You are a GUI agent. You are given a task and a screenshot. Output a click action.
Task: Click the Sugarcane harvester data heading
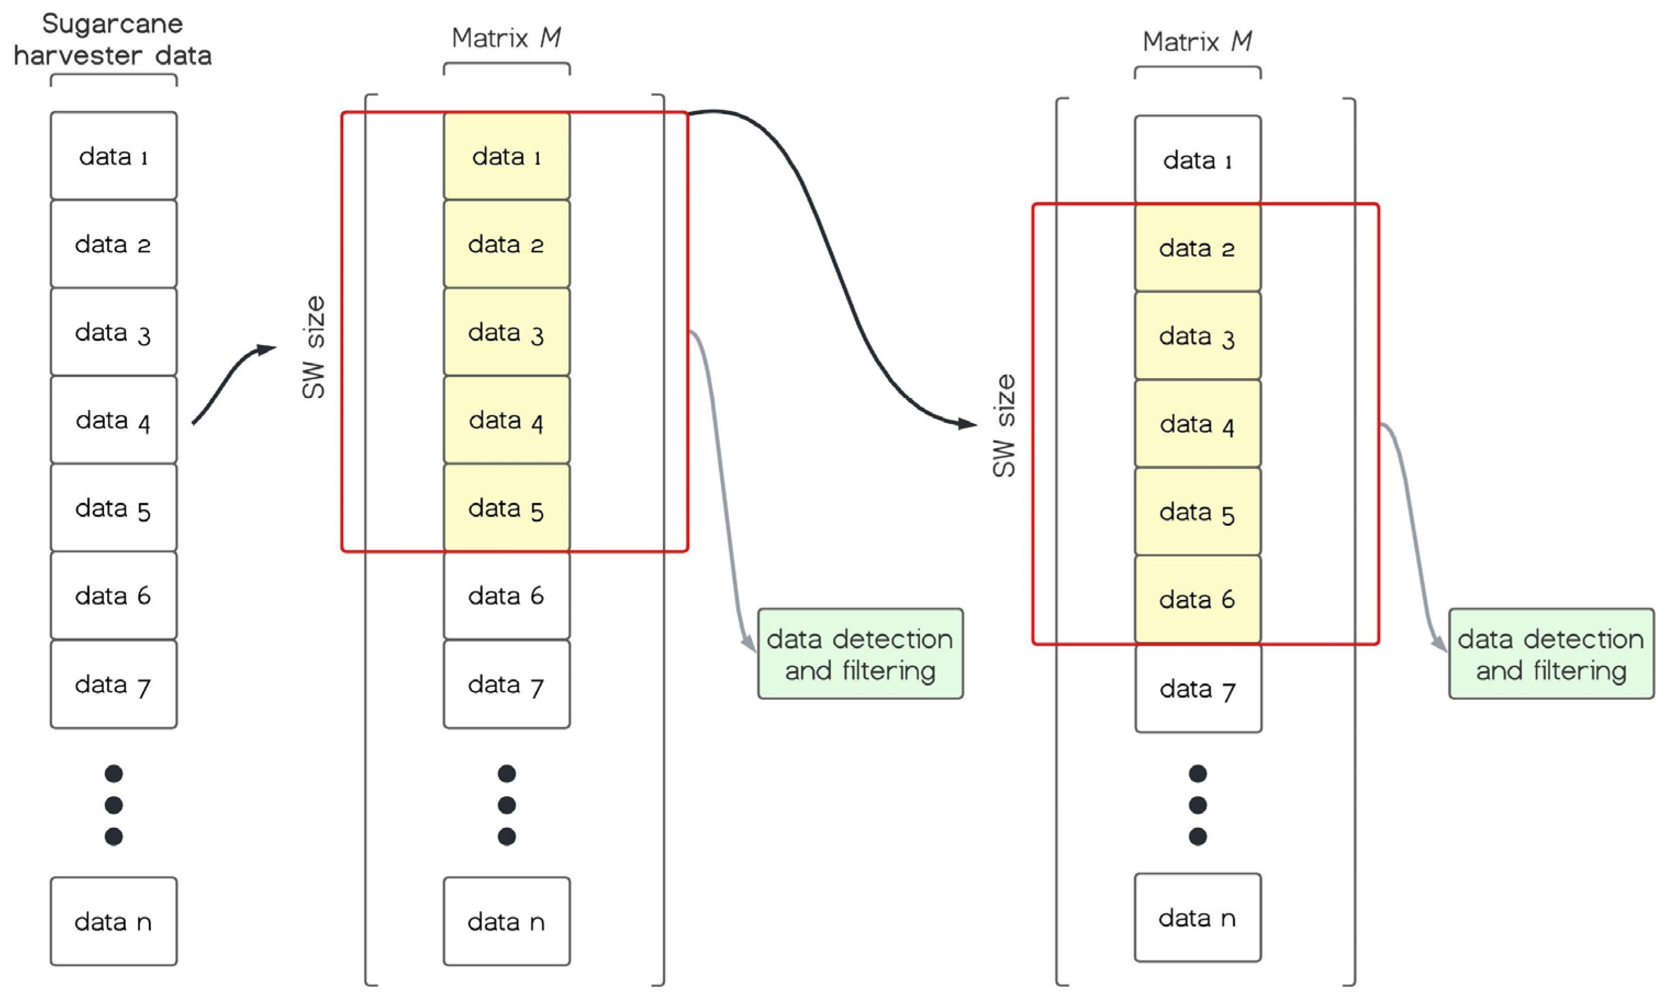pos(113,39)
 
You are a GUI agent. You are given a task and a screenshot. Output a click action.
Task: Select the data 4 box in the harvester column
pos(113,420)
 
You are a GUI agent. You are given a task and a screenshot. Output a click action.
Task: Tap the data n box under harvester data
pos(113,921)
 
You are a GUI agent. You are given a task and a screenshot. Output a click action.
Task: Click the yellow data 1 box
pos(506,156)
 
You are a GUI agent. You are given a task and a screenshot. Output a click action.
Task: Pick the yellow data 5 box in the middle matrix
pos(506,508)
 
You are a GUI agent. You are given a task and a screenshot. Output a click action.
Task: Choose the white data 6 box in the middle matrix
pos(506,596)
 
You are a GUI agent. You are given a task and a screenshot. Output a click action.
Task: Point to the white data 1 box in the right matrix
pos(1197,160)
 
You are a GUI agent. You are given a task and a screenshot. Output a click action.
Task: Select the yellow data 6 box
pos(1197,599)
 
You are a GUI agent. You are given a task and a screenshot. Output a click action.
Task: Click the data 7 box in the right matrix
pos(1197,689)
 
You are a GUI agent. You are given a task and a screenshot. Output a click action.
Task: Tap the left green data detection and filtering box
pos(860,654)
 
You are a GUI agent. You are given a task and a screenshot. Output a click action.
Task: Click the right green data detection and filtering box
pos(1551,654)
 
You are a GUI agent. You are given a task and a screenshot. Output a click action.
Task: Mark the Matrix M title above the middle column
pos(506,38)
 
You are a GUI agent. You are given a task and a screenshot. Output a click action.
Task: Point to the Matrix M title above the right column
pos(1197,42)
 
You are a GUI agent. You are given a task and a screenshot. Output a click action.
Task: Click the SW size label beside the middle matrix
pos(314,347)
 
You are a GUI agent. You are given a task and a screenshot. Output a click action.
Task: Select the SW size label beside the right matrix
pos(1004,426)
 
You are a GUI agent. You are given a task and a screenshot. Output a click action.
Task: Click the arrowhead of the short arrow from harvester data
pos(269,349)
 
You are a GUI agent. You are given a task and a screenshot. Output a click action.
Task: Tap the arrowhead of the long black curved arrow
pos(968,424)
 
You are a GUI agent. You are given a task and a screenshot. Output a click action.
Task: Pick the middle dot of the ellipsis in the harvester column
pos(113,805)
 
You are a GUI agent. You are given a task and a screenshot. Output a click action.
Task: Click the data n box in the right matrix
pos(1197,917)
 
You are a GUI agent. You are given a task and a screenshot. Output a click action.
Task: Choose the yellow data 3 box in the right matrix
pos(1197,336)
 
